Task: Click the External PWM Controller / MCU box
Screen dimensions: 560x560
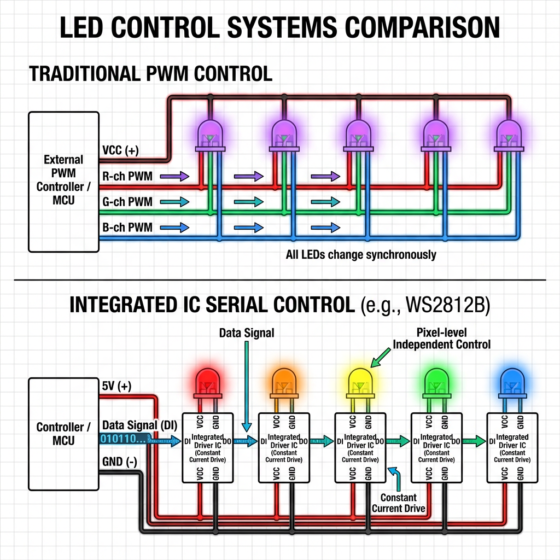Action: click(63, 182)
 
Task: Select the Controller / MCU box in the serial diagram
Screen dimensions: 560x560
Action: click(63, 434)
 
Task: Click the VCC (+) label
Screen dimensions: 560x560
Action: click(120, 150)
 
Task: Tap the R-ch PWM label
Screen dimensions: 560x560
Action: click(127, 176)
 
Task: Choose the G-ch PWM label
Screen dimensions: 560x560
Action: click(127, 202)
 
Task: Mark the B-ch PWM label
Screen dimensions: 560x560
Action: click(127, 227)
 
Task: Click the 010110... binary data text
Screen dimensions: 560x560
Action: click(124, 439)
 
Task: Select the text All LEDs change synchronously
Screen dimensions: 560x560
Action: click(361, 255)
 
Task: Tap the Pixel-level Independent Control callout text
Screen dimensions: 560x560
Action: click(442, 339)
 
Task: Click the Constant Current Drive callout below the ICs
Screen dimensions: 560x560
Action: click(398, 503)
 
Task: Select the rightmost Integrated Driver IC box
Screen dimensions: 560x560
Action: click(512, 447)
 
